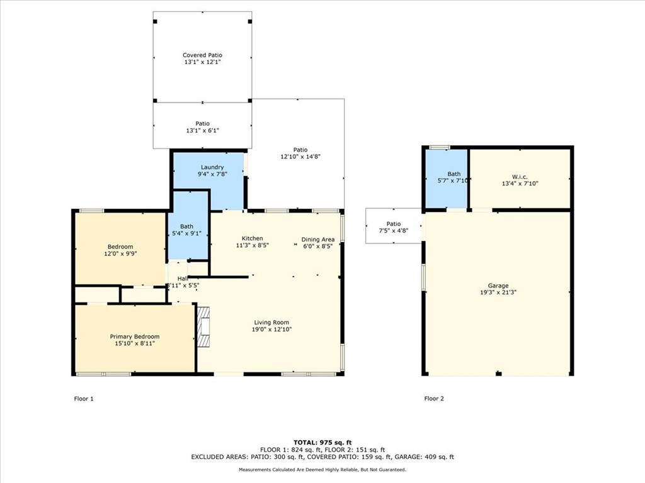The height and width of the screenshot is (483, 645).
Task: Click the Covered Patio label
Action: [x=202, y=55]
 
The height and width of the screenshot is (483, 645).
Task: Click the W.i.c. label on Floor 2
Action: [x=520, y=175]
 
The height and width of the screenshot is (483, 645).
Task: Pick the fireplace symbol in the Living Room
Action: [x=203, y=326]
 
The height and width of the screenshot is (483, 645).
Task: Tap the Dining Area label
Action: [x=317, y=239]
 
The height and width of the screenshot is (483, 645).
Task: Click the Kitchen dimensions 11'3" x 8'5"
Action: [x=253, y=246]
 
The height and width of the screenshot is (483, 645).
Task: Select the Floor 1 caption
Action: [x=84, y=398]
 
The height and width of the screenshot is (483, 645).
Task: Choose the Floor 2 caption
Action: [x=434, y=398]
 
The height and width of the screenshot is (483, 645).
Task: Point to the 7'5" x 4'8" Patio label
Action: [x=394, y=231]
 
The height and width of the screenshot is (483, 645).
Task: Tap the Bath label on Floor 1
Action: [x=186, y=226]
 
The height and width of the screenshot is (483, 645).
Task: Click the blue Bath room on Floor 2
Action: [x=447, y=178]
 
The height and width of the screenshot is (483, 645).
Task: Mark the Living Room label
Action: [x=271, y=322]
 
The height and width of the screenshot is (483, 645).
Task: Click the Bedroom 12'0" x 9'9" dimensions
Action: [x=120, y=254]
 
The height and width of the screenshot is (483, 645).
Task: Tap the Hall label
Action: [x=183, y=278]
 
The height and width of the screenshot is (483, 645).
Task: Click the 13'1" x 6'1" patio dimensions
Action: [x=202, y=131]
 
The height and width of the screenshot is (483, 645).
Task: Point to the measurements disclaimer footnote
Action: [x=322, y=469]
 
